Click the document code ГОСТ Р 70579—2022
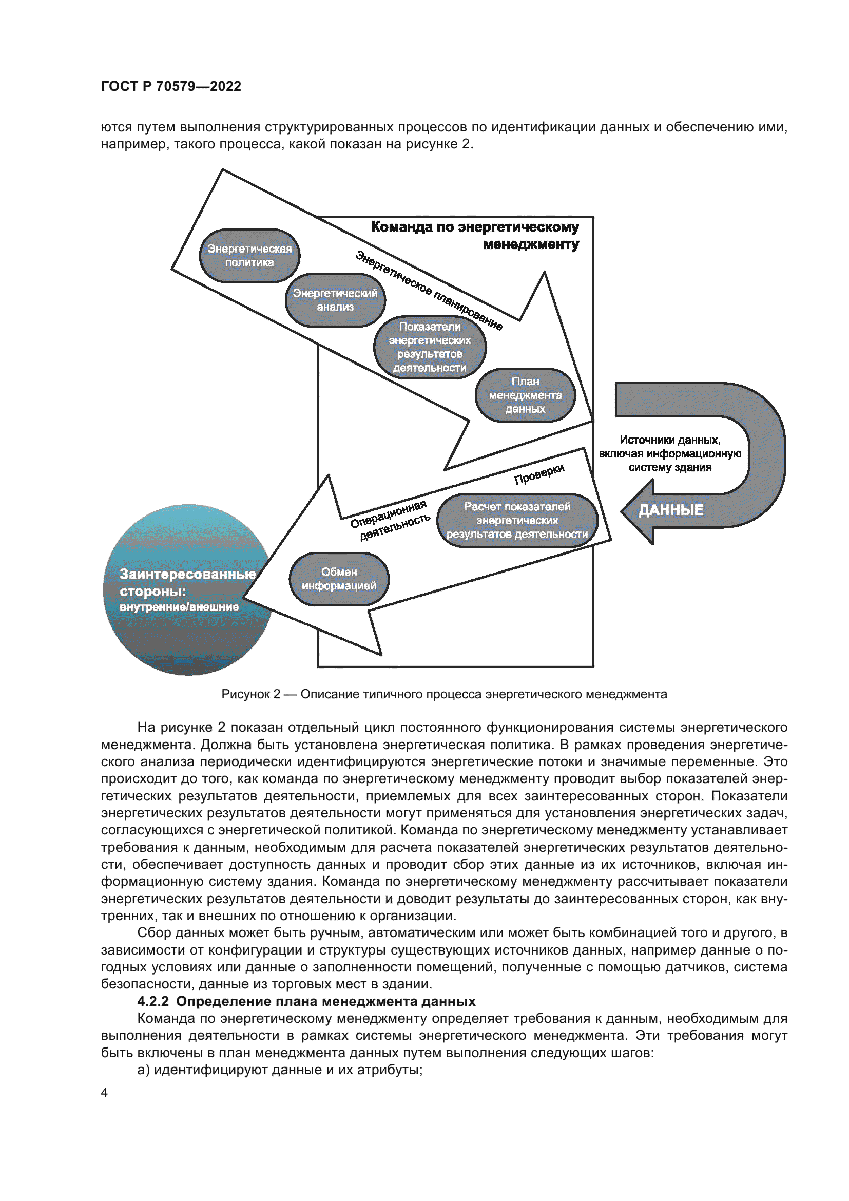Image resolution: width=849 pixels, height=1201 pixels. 171,86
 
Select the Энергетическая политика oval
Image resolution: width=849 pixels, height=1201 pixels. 249,256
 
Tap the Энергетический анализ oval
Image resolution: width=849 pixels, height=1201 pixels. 335,300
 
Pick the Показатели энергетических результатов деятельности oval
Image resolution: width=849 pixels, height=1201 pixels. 430,347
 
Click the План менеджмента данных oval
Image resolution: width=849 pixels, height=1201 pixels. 525,395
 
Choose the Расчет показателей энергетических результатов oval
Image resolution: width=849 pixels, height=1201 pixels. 517,521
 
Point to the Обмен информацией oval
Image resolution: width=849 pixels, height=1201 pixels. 339,579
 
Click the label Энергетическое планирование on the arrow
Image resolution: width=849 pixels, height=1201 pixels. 429,291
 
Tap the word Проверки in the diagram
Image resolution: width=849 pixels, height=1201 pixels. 539,473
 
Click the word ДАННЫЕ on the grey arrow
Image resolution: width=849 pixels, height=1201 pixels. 671,510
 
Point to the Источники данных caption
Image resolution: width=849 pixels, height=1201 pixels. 670,453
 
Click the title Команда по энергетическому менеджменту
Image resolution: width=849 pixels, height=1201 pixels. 475,235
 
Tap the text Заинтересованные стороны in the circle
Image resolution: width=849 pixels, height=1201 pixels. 187,583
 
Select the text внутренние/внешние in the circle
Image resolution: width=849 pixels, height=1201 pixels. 179,607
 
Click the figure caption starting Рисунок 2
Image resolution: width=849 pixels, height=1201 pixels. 444,694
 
